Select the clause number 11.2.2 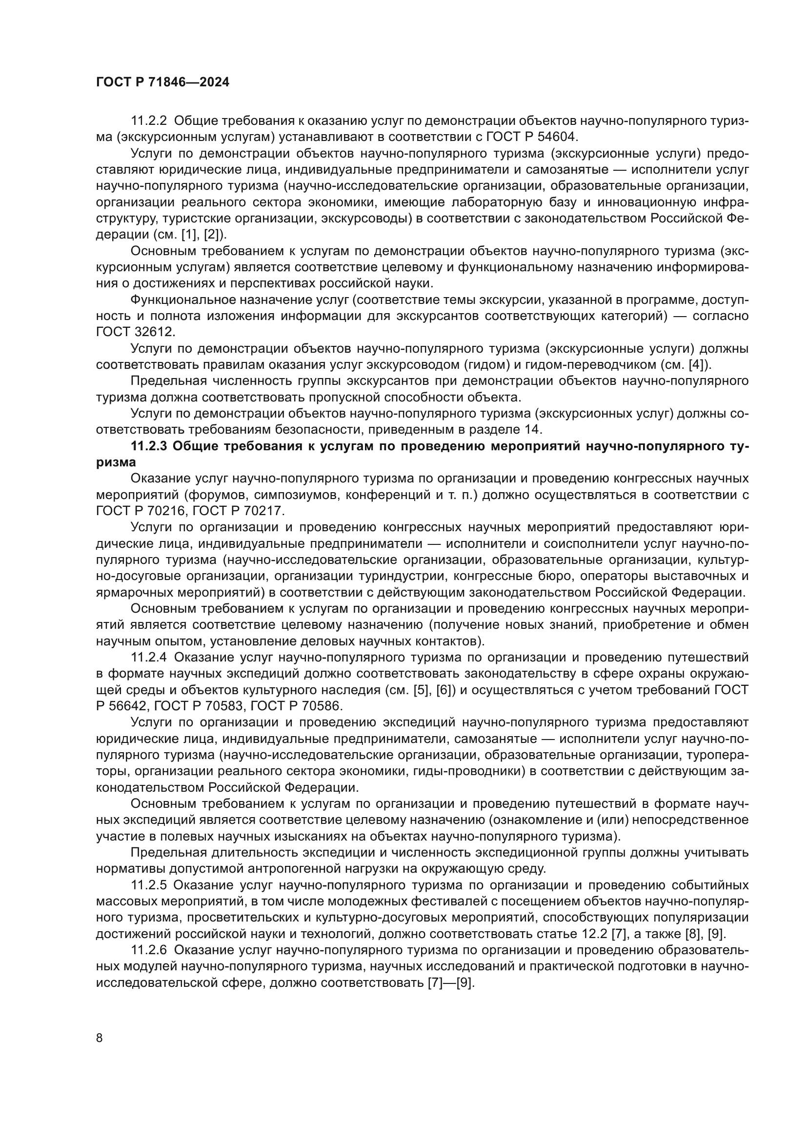149,121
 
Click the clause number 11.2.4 149,658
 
